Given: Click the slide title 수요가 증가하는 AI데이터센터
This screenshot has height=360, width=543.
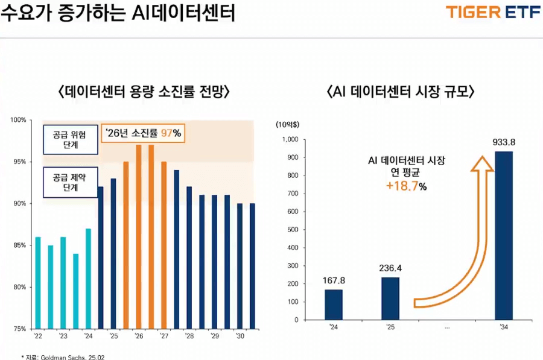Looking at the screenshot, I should [118, 13].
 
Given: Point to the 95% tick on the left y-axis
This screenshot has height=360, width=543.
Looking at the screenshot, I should [19, 162].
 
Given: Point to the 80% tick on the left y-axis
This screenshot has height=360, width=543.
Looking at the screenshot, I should [19, 287].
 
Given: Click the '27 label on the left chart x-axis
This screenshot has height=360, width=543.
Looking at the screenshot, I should [164, 336].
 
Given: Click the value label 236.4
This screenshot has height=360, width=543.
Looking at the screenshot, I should [390, 269].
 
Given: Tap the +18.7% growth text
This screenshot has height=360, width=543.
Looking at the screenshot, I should [406, 187].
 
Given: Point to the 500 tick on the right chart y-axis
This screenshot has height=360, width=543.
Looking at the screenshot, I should [292, 230].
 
